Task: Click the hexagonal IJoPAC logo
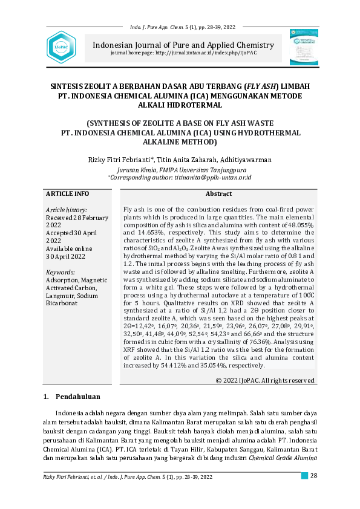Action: click(61, 46)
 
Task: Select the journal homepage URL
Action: click(206, 53)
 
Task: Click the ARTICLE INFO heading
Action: click(68, 193)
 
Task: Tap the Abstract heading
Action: click(218, 194)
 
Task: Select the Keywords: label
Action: click(60, 273)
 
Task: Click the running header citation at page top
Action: click(183, 27)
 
